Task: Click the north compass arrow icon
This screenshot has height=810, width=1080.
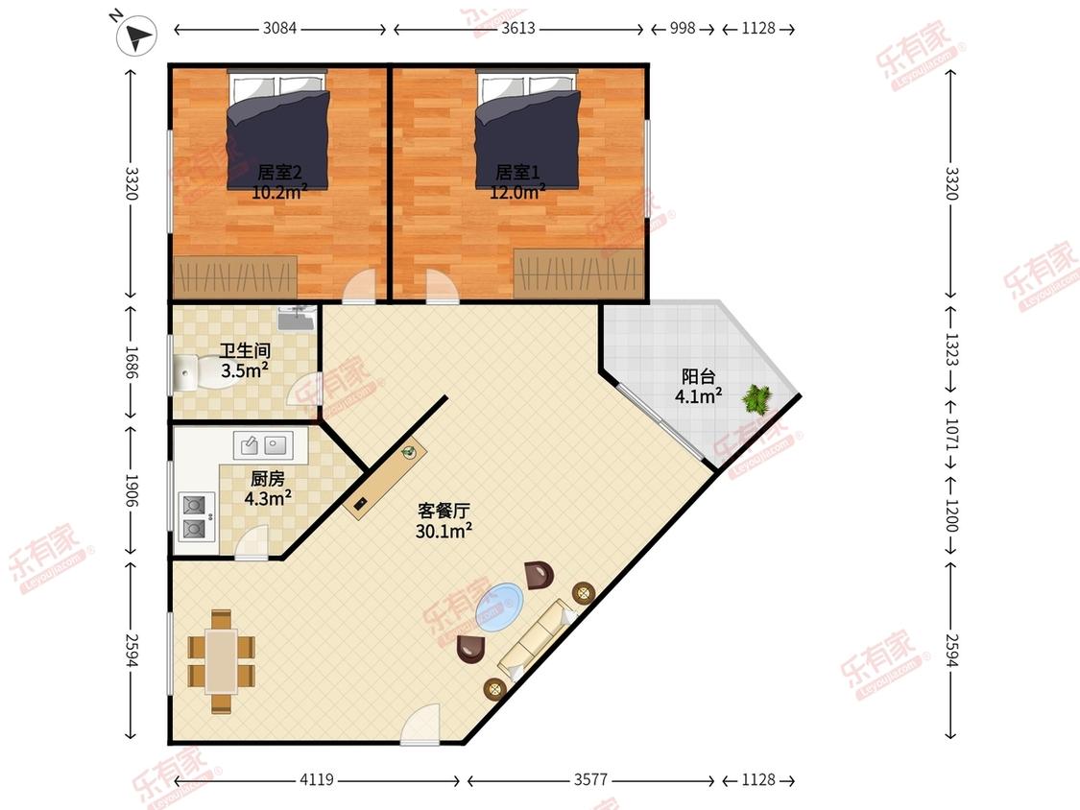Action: (136, 36)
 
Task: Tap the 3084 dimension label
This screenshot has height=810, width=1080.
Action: (279, 28)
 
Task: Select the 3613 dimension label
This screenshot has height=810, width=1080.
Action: (518, 28)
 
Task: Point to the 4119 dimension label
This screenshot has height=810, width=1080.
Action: (317, 779)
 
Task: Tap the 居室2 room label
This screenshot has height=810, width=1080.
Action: (279, 172)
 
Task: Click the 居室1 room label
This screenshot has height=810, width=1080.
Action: (518, 172)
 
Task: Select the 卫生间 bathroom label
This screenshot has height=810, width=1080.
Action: (245, 350)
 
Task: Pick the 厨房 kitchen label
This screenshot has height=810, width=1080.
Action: (267, 478)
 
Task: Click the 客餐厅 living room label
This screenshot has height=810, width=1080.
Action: (444, 512)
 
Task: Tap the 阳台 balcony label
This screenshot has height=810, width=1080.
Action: (699, 376)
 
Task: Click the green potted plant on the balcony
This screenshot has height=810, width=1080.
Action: (757, 399)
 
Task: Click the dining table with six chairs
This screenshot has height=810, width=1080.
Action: (222, 661)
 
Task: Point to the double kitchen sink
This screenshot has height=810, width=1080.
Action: (262, 445)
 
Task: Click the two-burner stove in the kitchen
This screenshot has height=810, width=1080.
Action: (195, 516)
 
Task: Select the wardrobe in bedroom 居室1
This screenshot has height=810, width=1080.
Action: (579, 274)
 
